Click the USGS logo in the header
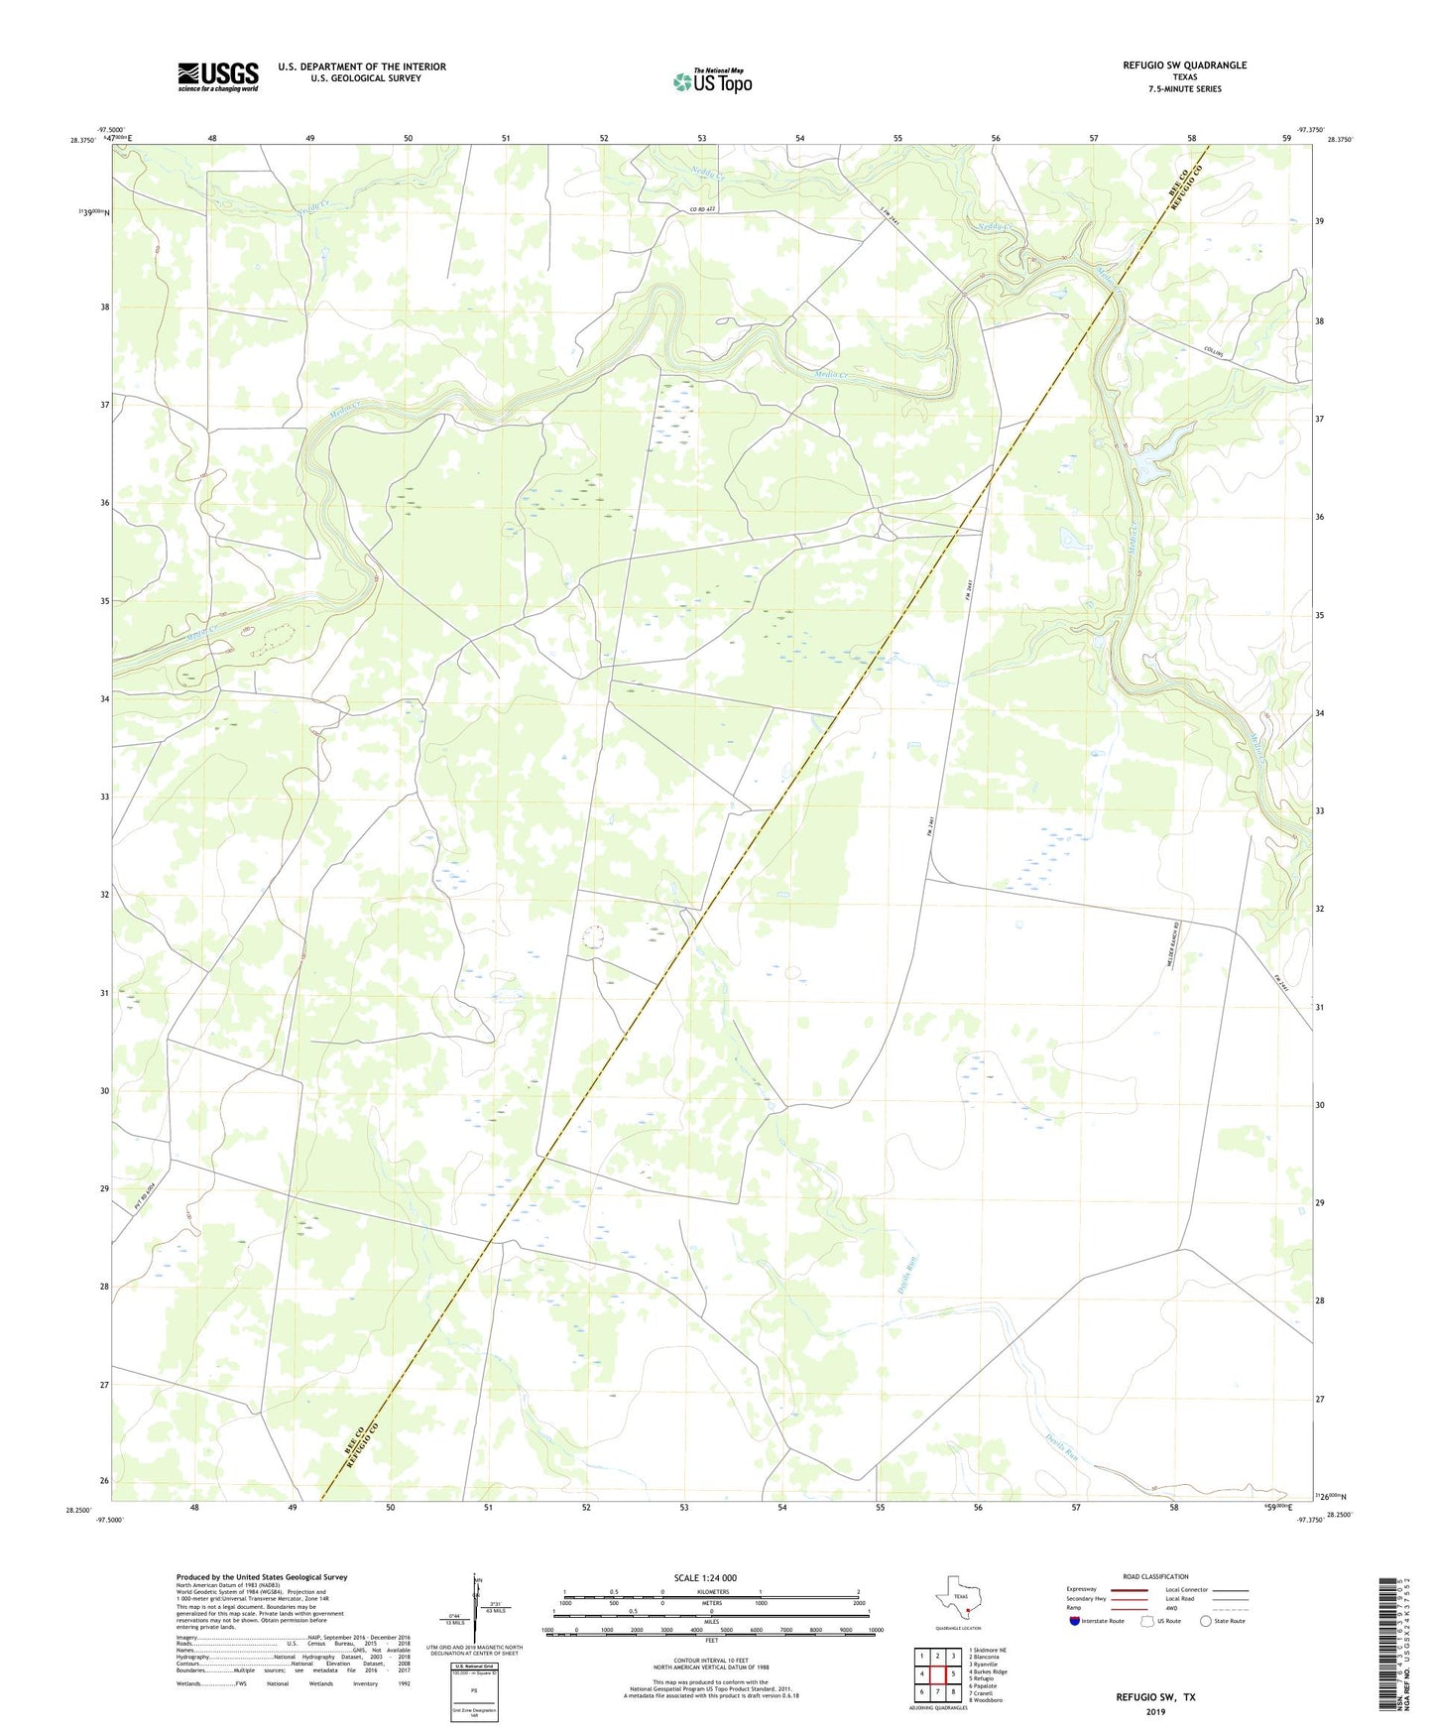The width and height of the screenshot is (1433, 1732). [218, 76]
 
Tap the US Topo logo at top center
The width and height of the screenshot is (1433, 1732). [712, 81]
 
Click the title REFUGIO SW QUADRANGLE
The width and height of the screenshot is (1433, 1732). [1184, 65]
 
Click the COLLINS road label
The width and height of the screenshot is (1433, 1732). [1214, 352]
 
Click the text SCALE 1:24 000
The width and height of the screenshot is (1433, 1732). [705, 1577]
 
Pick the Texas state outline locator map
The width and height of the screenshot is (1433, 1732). [959, 1600]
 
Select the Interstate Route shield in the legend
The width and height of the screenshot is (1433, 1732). [1076, 1621]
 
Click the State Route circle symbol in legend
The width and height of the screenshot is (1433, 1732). [1205, 1621]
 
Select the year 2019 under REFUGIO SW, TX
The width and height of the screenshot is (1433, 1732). [1155, 1712]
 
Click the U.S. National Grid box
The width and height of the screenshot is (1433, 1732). [474, 1678]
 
